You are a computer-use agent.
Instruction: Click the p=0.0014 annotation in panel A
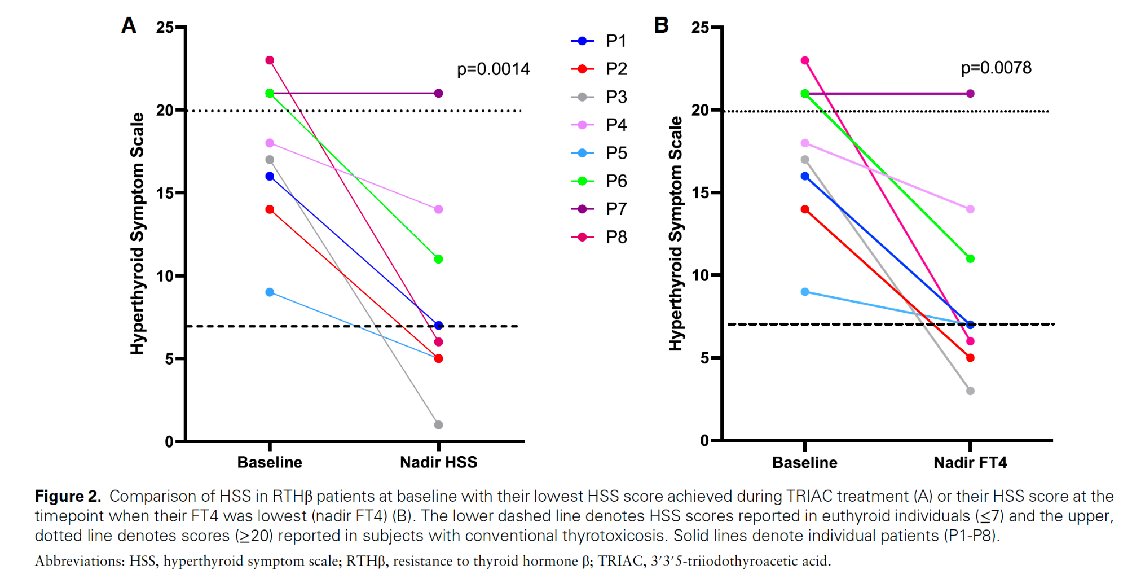[493, 69]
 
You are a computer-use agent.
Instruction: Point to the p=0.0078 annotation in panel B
[996, 68]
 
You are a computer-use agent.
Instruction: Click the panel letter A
[129, 25]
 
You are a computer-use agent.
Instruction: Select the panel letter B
[661, 25]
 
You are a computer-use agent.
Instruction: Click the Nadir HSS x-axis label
[438, 463]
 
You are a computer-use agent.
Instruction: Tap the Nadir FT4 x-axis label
[970, 463]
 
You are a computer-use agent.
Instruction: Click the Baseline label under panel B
[805, 463]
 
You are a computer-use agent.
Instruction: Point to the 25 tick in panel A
[165, 27]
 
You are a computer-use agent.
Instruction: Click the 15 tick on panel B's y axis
[700, 193]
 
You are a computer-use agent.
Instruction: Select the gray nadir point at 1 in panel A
[439, 425]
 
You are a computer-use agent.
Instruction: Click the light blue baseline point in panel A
[270, 292]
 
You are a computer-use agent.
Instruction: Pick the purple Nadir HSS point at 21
[439, 93]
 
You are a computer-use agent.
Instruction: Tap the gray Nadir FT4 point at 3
[970, 391]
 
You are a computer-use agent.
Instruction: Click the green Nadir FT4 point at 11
[970, 259]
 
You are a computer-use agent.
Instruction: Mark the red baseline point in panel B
[805, 209]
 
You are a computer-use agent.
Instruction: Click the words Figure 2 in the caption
[68, 496]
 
